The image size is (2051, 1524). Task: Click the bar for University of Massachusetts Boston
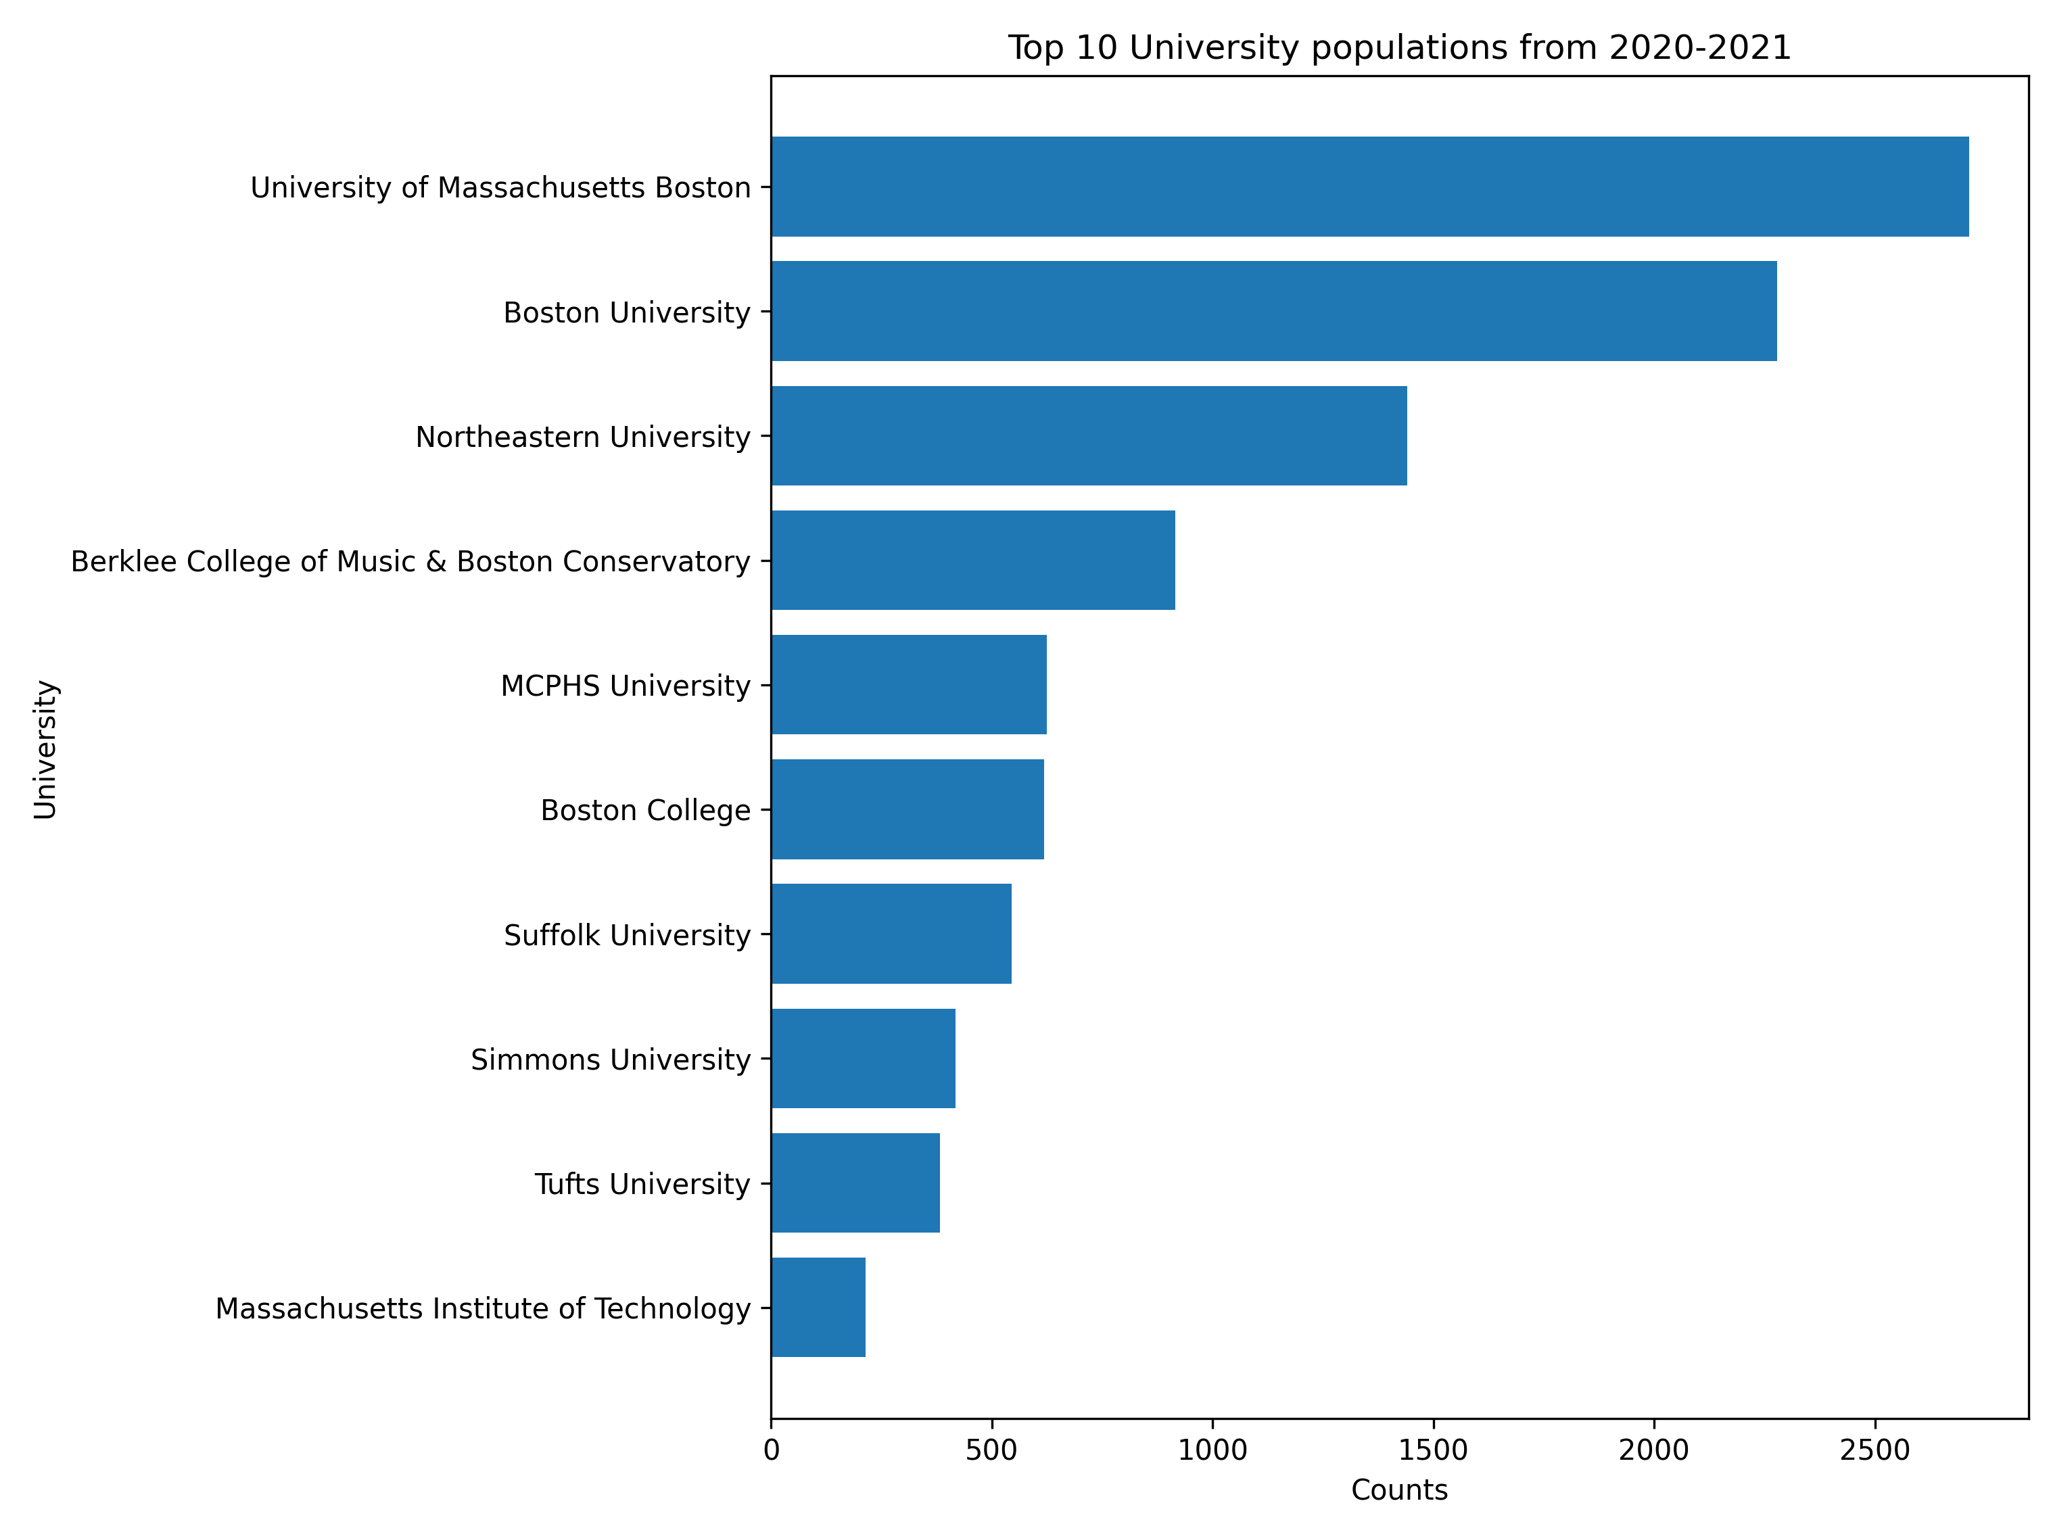point(1369,187)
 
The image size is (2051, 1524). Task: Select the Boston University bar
point(1273,311)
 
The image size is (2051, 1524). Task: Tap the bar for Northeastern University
point(1089,435)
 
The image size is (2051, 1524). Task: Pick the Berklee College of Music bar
point(972,560)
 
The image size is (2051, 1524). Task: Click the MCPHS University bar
point(909,684)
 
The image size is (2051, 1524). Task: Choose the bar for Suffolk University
point(891,934)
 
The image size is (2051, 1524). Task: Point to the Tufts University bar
point(855,1183)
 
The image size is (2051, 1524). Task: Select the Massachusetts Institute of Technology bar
point(818,1307)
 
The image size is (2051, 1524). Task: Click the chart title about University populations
point(1398,47)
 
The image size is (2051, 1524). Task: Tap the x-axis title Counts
point(1398,1490)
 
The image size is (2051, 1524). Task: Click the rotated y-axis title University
point(45,749)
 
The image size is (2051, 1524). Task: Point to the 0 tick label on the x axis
point(772,1450)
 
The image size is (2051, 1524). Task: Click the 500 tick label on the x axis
point(992,1450)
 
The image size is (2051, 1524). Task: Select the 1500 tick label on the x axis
point(1433,1450)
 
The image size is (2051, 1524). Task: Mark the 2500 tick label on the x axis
point(1875,1450)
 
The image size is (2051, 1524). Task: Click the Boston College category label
point(645,810)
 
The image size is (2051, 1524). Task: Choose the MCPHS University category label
point(625,686)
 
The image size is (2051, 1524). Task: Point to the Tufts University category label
point(642,1184)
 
